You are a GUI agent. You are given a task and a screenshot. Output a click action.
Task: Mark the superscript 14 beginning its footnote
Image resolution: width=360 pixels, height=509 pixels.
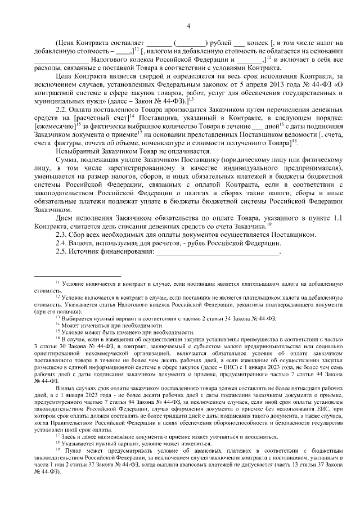pyautogui.click(x=57, y=325)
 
